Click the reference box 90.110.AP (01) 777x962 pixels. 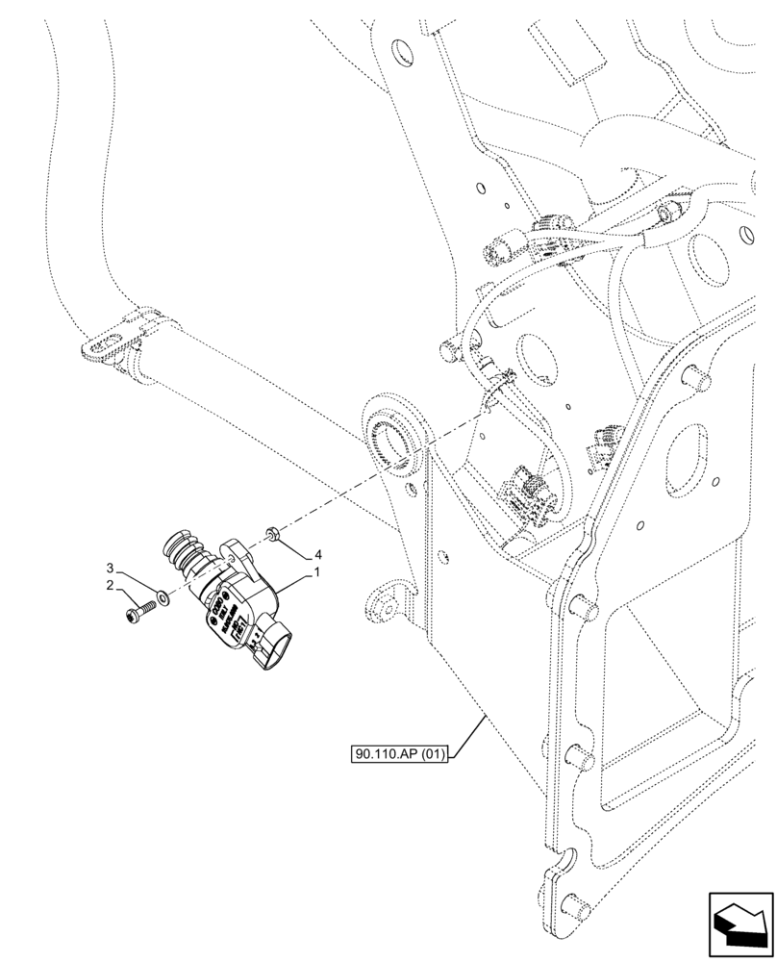(x=400, y=755)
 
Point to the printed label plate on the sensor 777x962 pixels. (x=224, y=617)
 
